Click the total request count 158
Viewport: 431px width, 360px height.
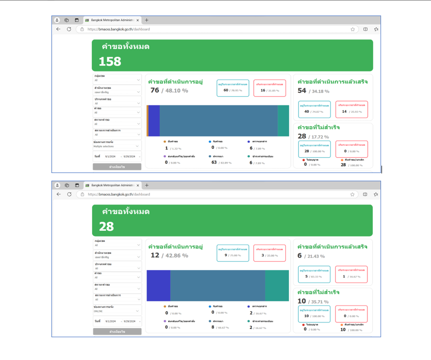110,62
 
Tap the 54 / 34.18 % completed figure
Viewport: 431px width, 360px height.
313,91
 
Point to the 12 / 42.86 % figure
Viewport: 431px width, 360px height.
168,255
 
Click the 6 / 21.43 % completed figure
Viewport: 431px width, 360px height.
311,256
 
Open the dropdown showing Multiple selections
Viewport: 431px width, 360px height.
117,146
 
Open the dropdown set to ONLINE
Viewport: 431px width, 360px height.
117,311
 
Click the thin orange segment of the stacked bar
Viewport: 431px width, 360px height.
147,120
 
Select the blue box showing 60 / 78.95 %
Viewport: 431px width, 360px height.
233,88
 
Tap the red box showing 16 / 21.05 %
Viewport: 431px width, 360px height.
270,88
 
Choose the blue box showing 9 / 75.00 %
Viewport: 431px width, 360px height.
233,253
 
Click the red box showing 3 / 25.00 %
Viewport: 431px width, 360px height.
270,253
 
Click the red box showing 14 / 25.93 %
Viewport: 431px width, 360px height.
351,109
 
